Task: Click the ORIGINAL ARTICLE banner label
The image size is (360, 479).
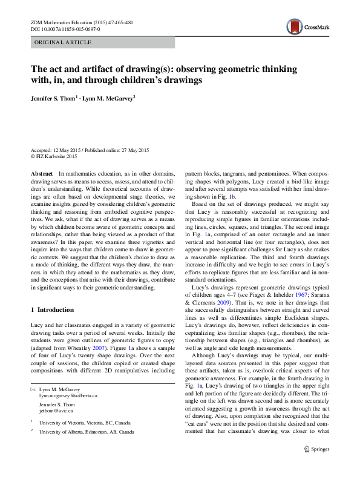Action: (63, 42)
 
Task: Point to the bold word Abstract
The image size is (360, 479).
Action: (41, 174)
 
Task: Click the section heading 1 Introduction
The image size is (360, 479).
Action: (52, 309)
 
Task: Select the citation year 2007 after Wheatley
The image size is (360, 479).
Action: (97, 349)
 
